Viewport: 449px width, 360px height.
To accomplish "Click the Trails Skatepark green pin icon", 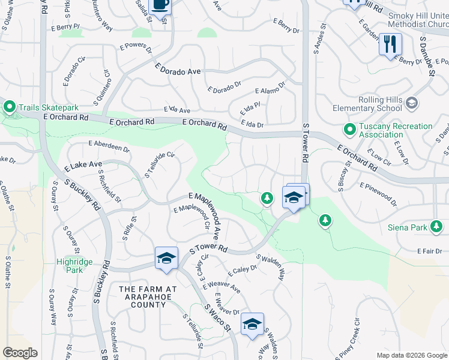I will pyautogui.click(x=9, y=107).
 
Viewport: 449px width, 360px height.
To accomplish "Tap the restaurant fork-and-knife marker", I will pyautogui.click(x=390, y=44).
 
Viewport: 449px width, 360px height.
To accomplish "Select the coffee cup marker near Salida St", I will pyautogui.click(x=160, y=5).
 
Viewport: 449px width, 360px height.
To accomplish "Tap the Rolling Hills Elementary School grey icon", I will pyautogui.click(x=412, y=103).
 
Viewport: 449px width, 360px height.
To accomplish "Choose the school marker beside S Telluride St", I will pyautogui.click(x=166, y=257).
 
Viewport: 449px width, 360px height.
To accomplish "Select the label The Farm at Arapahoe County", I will pyautogui.click(x=148, y=296).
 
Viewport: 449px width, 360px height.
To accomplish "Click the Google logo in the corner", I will pyautogui.click(x=20, y=352).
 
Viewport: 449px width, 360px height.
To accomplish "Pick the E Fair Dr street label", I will pyautogui.click(x=429, y=250).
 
